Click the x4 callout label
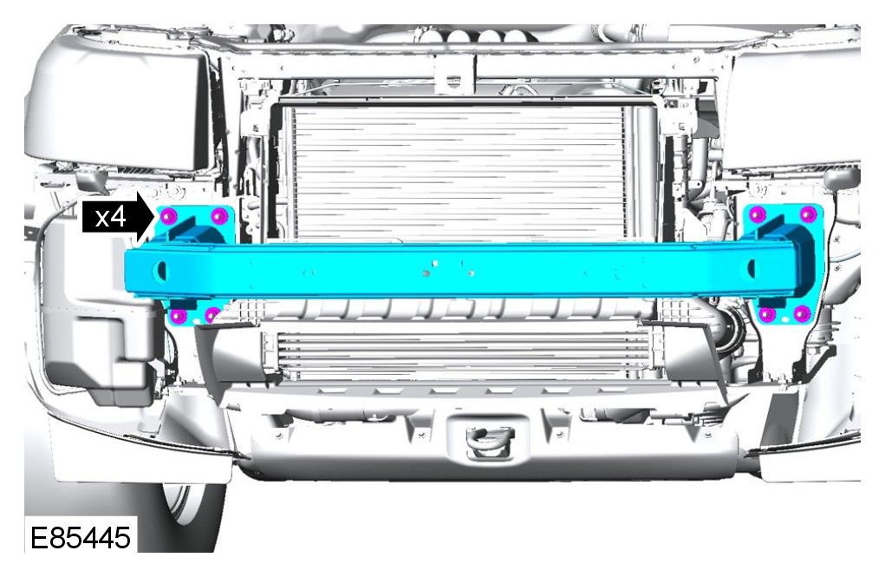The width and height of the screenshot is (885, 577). pyautogui.click(x=110, y=217)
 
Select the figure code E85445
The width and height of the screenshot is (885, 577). pyautogui.click(x=80, y=537)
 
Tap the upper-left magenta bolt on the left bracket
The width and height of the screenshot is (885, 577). pyautogui.click(x=169, y=216)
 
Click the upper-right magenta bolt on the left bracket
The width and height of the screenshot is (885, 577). pyautogui.click(x=219, y=215)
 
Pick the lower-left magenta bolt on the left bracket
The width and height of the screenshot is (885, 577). pyautogui.click(x=179, y=316)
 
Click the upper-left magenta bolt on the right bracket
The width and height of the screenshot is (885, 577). pyautogui.click(x=758, y=215)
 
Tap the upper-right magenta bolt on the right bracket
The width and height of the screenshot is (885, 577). pyautogui.click(x=808, y=214)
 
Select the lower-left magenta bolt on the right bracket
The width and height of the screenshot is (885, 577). pyautogui.click(x=768, y=314)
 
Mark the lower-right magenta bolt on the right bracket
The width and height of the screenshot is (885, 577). pyautogui.click(x=802, y=313)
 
